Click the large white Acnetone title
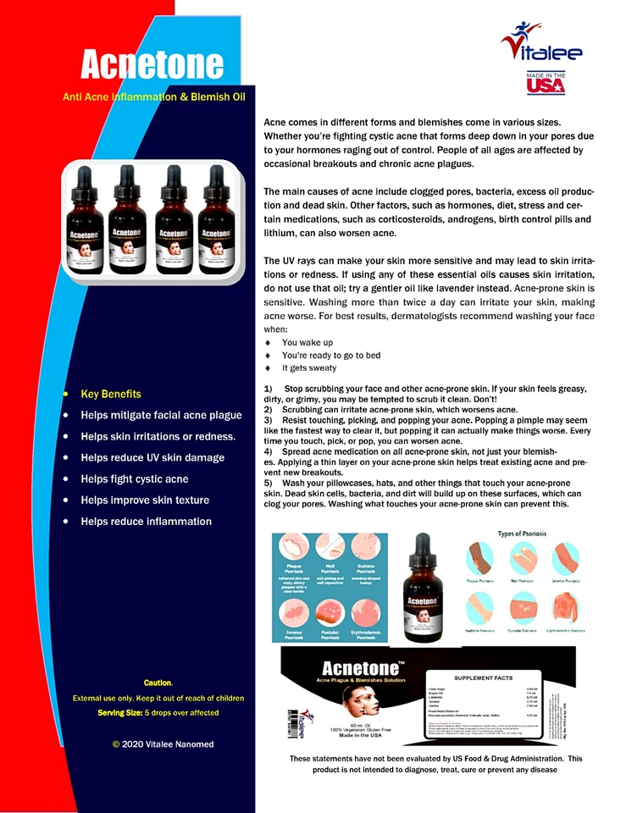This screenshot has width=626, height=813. click(152, 64)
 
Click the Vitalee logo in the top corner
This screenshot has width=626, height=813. click(541, 47)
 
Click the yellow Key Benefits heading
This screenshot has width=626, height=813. click(111, 394)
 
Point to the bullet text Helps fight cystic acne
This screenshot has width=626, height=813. click(135, 478)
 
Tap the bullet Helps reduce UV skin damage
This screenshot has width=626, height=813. click(152, 457)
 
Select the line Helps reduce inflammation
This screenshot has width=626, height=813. click(146, 521)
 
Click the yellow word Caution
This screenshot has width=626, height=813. click(158, 682)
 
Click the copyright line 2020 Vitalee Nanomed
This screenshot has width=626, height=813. click(163, 744)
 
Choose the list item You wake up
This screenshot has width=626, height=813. click(307, 342)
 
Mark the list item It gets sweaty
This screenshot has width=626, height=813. click(309, 368)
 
